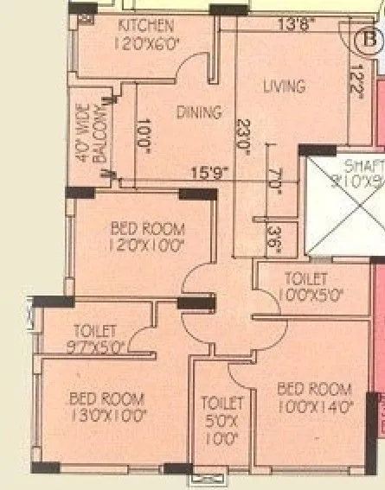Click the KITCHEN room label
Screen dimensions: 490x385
point(145,26)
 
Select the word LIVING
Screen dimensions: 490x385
point(284,86)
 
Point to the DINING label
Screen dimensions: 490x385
point(199,111)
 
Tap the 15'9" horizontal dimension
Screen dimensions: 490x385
point(207,174)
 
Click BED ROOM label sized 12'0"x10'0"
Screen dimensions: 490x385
point(148,229)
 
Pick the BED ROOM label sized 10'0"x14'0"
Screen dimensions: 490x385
point(314,389)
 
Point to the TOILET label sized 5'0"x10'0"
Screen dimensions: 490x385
point(222,403)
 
